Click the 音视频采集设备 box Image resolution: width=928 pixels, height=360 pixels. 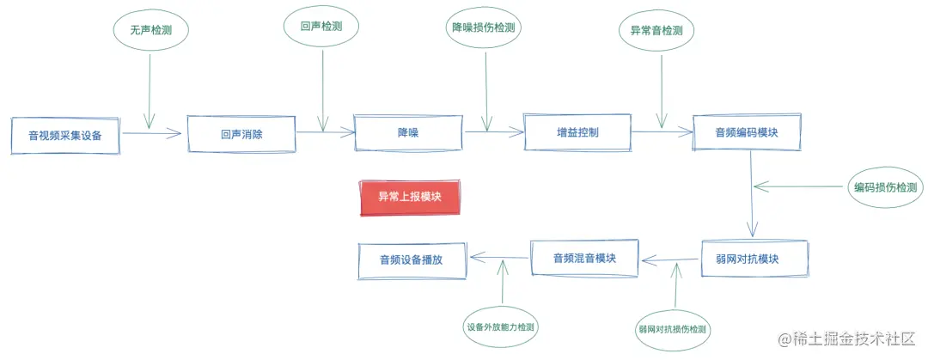65,136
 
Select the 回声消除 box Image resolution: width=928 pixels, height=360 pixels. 241,134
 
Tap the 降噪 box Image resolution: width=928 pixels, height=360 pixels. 407,132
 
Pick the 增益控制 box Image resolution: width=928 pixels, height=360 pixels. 577,132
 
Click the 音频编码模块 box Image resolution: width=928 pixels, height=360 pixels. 747,132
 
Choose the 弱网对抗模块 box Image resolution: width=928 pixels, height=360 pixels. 752,259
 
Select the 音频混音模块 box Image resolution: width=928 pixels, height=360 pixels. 584,258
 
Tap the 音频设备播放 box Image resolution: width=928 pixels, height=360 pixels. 412,259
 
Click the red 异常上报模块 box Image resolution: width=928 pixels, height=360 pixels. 410,197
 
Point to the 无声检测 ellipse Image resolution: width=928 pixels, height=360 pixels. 151,29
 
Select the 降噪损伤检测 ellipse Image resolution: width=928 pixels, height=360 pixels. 484,27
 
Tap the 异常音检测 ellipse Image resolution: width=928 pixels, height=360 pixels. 656,30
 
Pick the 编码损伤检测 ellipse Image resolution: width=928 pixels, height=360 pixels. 884,187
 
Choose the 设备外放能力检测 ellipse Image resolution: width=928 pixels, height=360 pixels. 503,326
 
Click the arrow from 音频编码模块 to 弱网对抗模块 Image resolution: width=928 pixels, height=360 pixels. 751,193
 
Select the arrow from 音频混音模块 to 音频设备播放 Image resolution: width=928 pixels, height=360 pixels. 498,257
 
